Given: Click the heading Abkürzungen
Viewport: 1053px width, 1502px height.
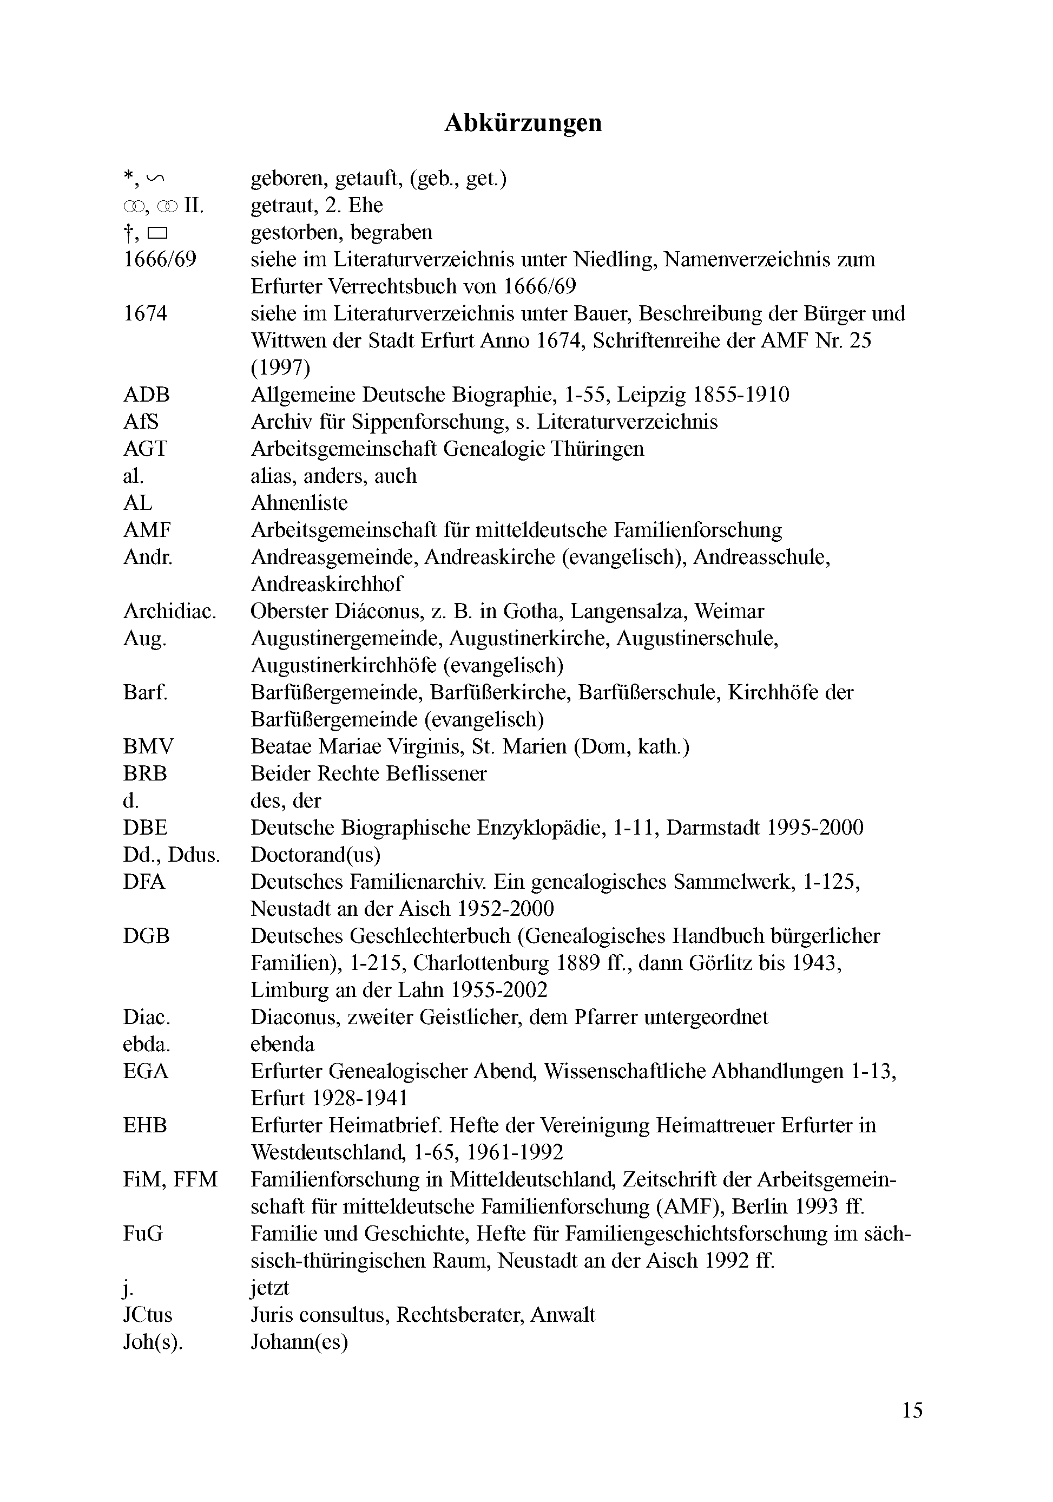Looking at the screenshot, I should [523, 123].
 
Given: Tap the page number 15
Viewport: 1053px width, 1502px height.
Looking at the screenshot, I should [912, 1410].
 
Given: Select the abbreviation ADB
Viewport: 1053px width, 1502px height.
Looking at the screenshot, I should [146, 395].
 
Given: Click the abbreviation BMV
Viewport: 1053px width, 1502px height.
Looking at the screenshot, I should [148, 746].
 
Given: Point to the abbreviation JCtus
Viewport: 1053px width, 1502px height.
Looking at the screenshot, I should [147, 1315].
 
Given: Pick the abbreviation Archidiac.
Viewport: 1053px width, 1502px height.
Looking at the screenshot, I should [169, 611].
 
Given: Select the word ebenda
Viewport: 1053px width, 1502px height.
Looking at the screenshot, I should [282, 1044].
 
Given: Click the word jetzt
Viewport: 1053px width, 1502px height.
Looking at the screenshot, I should [269, 1288].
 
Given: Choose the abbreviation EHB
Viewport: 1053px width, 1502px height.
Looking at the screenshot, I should [144, 1125].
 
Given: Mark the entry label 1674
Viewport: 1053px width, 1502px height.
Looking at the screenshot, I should [144, 313].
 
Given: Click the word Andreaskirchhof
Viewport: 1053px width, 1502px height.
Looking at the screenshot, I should [327, 583].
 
